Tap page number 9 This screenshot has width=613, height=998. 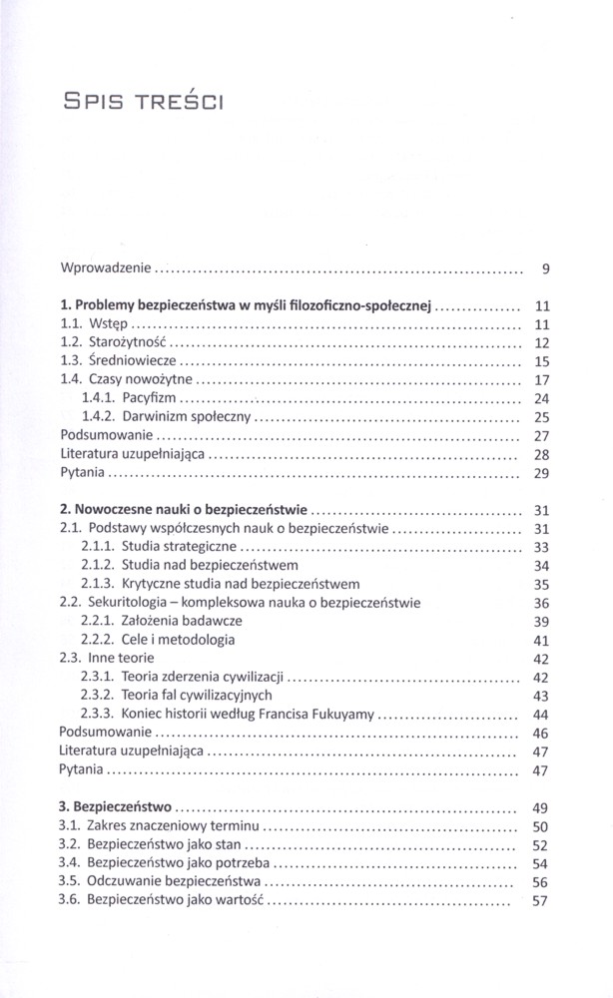click(x=546, y=268)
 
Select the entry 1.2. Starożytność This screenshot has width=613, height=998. click(x=117, y=343)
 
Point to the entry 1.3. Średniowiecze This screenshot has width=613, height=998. click(x=122, y=361)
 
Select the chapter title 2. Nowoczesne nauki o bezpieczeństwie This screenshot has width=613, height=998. click(x=185, y=510)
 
